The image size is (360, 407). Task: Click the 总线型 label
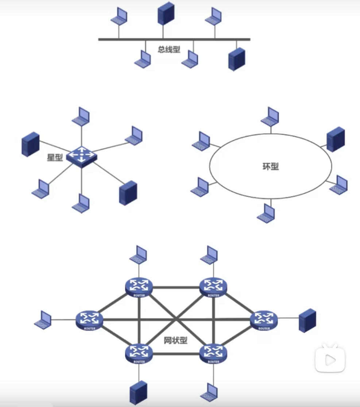click(x=169, y=49)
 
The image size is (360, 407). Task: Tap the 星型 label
click(x=55, y=157)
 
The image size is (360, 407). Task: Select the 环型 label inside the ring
click(x=270, y=167)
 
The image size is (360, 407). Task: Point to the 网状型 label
click(x=175, y=341)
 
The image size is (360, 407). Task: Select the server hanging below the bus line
click(x=236, y=59)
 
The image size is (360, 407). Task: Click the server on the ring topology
click(x=336, y=139)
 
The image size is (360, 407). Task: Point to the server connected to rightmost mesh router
click(x=307, y=320)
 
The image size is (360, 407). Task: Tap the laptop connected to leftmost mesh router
click(x=43, y=320)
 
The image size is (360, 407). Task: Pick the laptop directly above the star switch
click(x=81, y=117)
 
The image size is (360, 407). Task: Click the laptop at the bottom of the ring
click(x=266, y=214)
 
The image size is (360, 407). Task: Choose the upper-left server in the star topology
click(x=30, y=144)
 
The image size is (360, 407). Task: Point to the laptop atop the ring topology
click(x=270, y=117)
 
